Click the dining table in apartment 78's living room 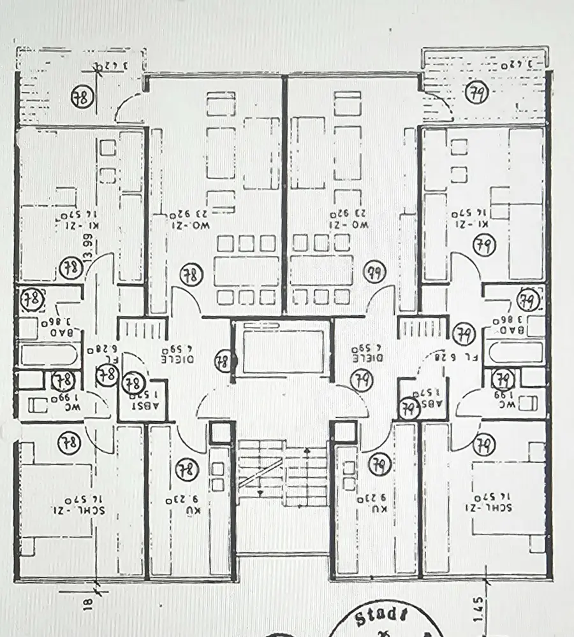(247, 271)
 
